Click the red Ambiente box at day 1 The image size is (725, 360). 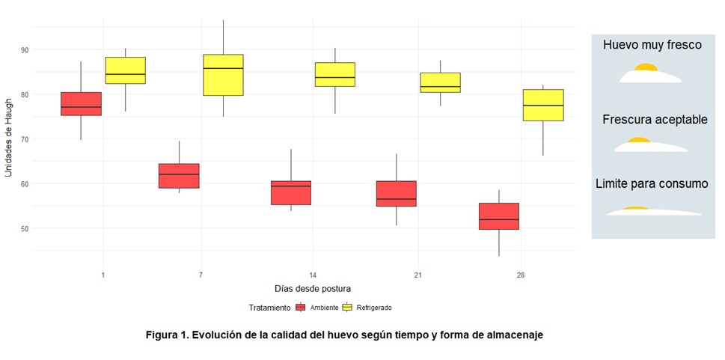coord(81,103)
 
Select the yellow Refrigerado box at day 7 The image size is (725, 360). coord(223,75)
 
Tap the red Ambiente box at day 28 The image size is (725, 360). coord(499,216)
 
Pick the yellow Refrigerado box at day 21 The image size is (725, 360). coord(440,82)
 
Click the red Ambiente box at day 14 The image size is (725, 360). coord(291,192)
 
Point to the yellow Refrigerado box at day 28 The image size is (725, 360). coord(543,105)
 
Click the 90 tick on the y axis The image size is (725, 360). coord(25,49)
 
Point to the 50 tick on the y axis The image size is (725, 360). coord(25,228)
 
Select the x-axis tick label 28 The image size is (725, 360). coord(521,275)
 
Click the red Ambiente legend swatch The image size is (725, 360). coord(301,308)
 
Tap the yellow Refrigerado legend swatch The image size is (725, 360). coord(347,308)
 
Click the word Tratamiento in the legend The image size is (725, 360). coord(269,308)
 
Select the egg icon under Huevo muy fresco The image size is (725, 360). coord(649,75)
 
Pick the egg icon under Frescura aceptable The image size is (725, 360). coord(649,145)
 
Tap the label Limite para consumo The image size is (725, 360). coord(651,183)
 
